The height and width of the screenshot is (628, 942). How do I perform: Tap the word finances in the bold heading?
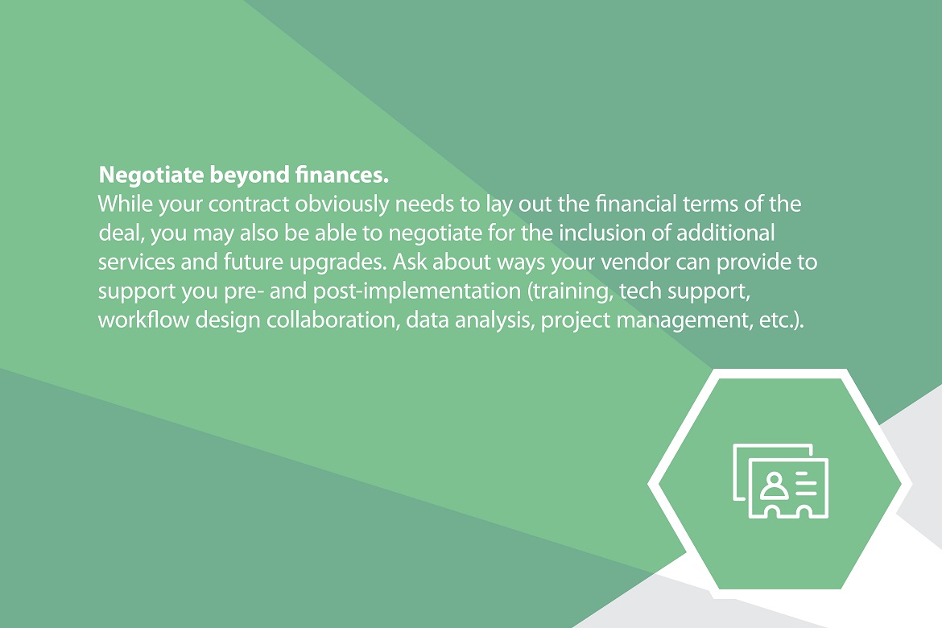click(342, 174)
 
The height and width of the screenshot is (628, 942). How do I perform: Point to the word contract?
click(249, 205)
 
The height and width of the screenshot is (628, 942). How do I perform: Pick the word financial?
click(635, 204)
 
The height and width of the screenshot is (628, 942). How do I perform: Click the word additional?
click(725, 233)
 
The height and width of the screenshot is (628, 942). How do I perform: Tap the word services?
click(136, 262)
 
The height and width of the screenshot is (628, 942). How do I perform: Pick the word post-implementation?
click(417, 291)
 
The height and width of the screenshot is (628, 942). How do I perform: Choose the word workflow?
click(143, 319)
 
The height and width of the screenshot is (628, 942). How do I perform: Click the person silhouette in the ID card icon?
click(774, 485)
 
